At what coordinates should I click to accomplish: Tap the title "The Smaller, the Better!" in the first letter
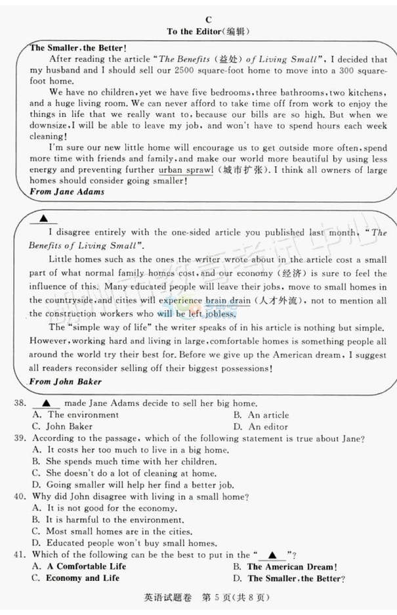pos(78,48)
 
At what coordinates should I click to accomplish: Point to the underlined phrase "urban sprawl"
pos(186,170)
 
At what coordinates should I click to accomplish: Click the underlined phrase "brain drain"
pos(228,300)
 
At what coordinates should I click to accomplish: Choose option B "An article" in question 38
pos(261,415)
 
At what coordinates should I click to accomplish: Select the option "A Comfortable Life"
pos(79,566)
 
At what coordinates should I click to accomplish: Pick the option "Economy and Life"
pos(75,578)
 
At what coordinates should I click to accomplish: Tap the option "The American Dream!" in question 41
pos(285,566)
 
